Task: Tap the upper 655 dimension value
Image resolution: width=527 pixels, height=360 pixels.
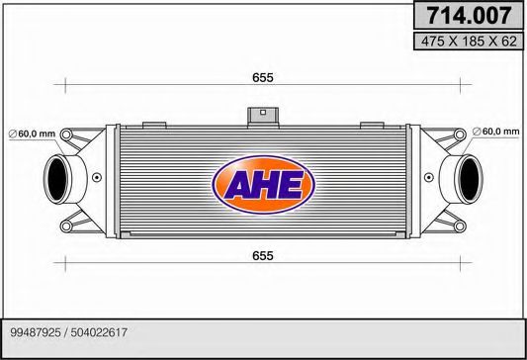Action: pyautogui.click(x=262, y=77)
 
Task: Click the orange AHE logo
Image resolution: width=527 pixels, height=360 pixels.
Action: pyautogui.click(x=264, y=183)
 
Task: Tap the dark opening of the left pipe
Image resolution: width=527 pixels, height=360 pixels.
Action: pyautogui.click(x=56, y=180)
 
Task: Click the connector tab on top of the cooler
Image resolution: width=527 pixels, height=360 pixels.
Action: pyautogui.click(x=261, y=116)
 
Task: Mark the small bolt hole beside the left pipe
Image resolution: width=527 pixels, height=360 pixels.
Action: pyautogui.click(x=97, y=179)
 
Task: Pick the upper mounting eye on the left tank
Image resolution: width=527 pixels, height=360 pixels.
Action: pyautogui.click(x=82, y=135)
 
